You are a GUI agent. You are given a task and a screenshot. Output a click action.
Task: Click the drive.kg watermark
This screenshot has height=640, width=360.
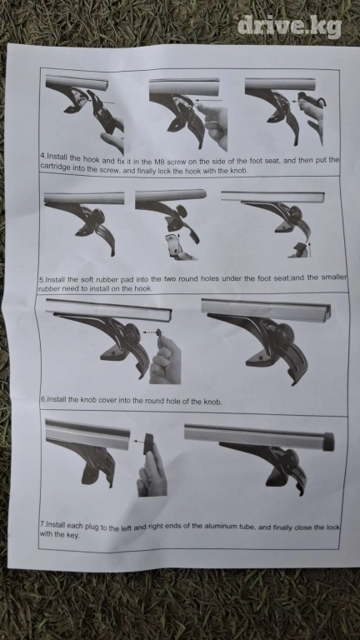(x=289, y=27)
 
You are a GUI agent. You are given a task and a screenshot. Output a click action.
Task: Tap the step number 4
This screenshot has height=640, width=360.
(x=42, y=156)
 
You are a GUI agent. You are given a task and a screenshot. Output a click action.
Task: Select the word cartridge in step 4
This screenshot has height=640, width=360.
(x=55, y=167)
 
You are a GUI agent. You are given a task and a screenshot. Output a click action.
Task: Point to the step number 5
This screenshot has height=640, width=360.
(x=41, y=280)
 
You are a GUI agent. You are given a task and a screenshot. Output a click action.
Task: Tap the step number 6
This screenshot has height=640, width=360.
(x=42, y=400)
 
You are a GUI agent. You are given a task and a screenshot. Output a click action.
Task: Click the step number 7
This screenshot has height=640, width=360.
(x=42, y=524)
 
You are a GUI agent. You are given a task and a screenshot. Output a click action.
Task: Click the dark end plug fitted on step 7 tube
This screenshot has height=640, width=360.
(x=328, y=442)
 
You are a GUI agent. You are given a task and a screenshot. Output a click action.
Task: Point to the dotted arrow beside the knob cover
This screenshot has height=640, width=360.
(x=150, y=332)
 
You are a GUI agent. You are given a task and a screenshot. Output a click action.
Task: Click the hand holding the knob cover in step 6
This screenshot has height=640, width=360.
(x=165, y=361)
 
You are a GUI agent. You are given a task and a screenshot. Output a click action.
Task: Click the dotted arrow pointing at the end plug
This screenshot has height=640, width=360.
(x=138, y=441)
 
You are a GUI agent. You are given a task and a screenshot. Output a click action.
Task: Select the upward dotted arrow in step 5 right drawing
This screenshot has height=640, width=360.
(x=310, y=248)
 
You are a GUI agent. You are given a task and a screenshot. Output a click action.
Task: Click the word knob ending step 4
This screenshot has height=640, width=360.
(x=239, y=171)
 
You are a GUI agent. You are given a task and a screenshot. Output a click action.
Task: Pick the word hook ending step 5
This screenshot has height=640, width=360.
(x=144, y=288)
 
